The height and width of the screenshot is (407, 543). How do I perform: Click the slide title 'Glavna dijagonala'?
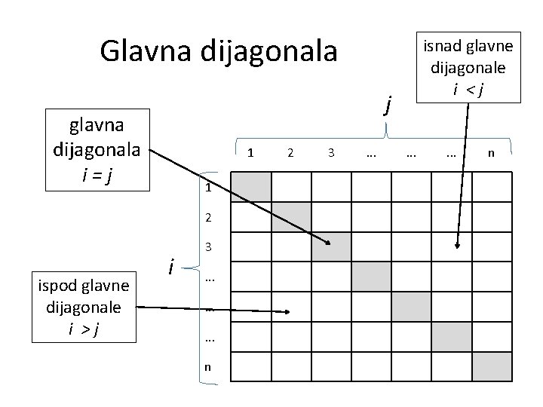219,51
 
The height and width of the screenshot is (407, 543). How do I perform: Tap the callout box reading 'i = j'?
97,149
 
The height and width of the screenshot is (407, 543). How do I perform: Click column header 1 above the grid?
250,153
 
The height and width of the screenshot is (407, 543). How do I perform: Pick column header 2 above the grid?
290,153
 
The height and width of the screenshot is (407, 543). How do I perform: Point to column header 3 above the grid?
331,153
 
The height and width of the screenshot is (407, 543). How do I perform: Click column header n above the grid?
492,153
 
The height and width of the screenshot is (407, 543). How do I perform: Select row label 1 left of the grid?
207,188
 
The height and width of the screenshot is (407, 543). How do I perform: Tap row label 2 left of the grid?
207,218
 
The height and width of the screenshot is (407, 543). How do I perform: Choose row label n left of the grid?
207,367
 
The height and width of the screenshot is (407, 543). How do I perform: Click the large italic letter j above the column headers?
388,103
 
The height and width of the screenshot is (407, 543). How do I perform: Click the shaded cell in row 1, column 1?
250,187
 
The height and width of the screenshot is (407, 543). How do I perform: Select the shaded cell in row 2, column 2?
290,217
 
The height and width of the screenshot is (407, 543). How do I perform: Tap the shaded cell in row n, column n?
492,366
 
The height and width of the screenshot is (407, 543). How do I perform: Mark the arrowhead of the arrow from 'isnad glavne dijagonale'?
456,245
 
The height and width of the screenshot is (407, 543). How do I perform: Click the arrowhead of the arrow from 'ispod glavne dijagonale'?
288,311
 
